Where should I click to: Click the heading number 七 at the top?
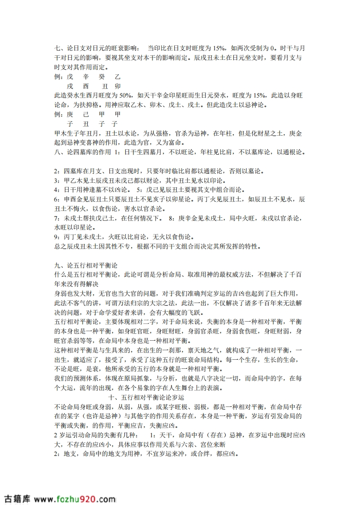[57, 48]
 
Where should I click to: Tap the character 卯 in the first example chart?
[118, 86]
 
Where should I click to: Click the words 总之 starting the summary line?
[59, 246]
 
